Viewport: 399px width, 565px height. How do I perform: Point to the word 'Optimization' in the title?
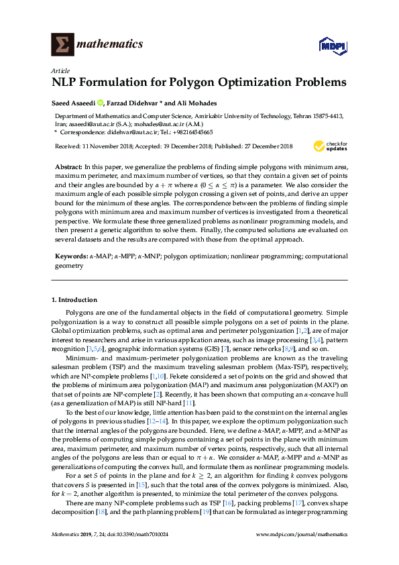(246, 83)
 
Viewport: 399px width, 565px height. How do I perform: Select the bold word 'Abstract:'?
(68, 164)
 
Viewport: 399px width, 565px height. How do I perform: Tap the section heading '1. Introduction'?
(74, 299)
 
